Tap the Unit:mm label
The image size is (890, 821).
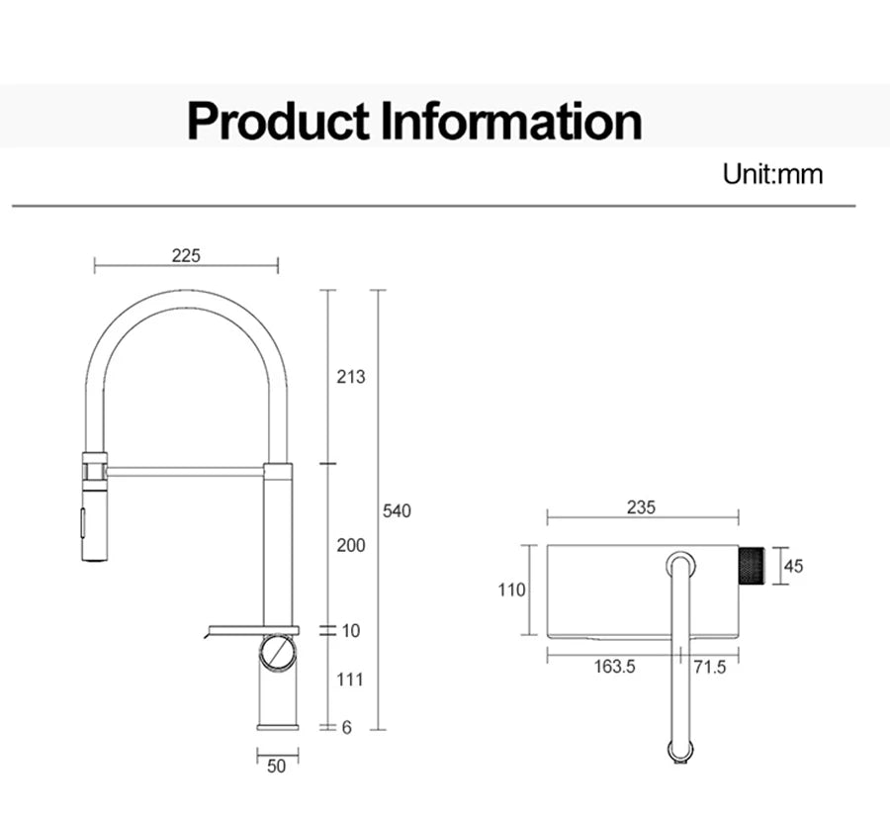(772, 175)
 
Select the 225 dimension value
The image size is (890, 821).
(186, 255)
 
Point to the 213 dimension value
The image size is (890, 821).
(350, 377)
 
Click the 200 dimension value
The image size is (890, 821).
(350, 545)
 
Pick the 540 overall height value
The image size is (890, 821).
(397, 511)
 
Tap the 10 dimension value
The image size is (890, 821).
(351, 631)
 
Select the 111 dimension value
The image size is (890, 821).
(350, 680)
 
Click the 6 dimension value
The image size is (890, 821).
(346, 727)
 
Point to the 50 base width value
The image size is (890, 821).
(277, 766)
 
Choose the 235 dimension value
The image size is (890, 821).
(641, 508)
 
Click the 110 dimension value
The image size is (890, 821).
(511, 591)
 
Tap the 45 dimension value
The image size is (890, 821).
(793, 566)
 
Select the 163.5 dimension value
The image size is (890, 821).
(614, 667)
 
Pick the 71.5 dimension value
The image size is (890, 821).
(709, 667)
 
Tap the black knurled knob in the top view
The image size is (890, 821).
(754, 566)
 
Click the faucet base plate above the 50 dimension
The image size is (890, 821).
(278, 727)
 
